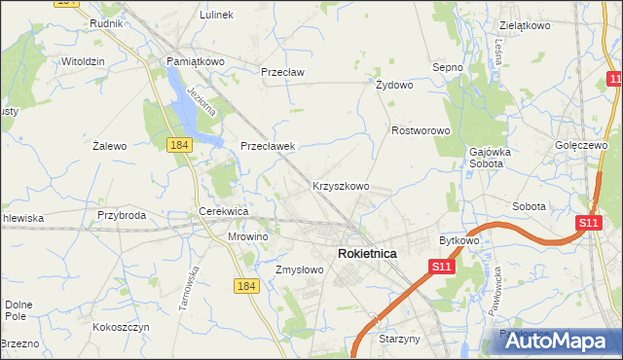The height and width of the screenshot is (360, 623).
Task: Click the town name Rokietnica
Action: click(366, 253)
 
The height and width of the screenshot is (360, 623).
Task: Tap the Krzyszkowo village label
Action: click(340, 185)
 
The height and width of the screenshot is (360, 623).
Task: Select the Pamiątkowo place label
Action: click(196, 61)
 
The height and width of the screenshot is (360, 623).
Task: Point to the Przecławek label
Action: click(268, 146)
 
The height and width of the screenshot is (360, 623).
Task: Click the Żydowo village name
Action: click(394, 85)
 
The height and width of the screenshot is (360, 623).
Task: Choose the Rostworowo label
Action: click(421, 130)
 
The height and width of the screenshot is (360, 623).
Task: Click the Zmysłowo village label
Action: click(299, 270)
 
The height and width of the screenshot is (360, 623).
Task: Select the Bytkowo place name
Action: click(459, 239)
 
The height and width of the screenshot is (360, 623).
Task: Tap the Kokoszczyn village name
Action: click(121, 328)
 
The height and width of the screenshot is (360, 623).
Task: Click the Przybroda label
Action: click(122, 215)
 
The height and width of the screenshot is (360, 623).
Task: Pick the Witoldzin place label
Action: click(83, 60)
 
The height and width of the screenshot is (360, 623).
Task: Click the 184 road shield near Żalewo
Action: click(178, 145)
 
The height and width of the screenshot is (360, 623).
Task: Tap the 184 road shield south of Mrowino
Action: click(245, 284)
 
